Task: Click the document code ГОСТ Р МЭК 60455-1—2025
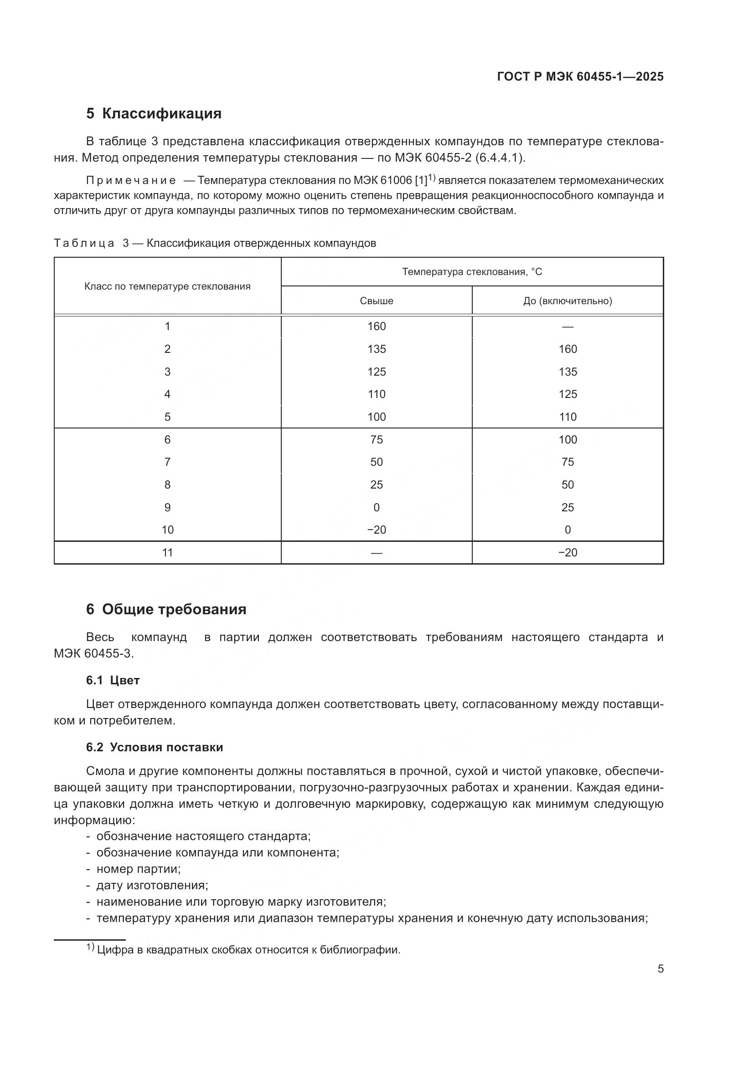(x=580, y=76)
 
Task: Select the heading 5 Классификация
(x=154, y=114)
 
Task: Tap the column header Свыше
(x=376, y=301)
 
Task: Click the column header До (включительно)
(x=568, y=301)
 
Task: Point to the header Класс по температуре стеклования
(x=167, y=286)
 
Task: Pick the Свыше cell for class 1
(x=376, y=326)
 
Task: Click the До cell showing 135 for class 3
(x=568, y=372)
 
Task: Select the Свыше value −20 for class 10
(x=376, y=530)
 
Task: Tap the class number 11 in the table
(x=167, y=552)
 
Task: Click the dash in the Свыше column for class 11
(x=376, y=553)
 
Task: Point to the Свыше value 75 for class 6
(x=376, y=439)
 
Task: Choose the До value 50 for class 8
(x=568, y=485)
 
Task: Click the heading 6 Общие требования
(x=166, y=609)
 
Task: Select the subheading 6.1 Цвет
(x=113, y=680)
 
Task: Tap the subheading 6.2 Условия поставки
(x=154, y=747)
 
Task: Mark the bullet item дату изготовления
(x=152, y=885)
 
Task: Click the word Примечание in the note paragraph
(x=130, y=180)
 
